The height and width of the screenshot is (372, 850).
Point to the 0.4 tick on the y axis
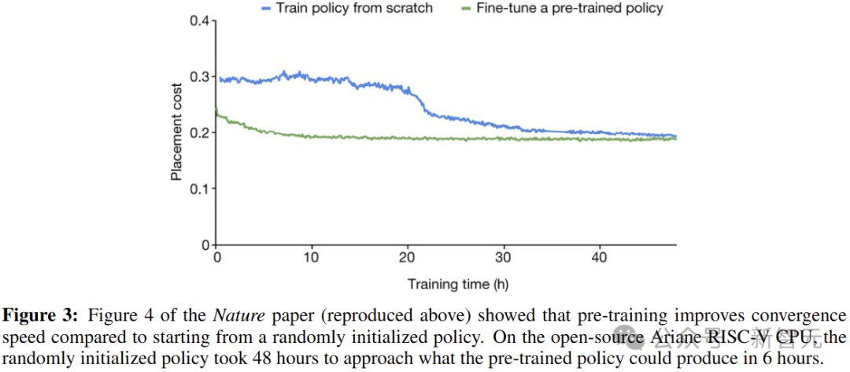(200, 20)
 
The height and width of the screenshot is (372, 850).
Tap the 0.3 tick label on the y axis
(200, 76)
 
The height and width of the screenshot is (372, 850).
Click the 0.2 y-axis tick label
(200, 132)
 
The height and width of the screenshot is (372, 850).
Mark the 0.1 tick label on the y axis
(200, 188)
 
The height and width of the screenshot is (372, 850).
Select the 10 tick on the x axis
(312, 257)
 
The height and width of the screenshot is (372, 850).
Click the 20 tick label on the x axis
(408, 257)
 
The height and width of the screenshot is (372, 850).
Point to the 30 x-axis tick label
(504, 257)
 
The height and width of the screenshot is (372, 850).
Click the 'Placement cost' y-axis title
(177, 132)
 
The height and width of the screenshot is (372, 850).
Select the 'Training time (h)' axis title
(446, 284)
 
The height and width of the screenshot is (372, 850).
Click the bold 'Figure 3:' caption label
(40, 316)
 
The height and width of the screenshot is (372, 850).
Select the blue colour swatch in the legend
(265, 9)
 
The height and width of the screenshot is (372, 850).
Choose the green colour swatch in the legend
(464, 9)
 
